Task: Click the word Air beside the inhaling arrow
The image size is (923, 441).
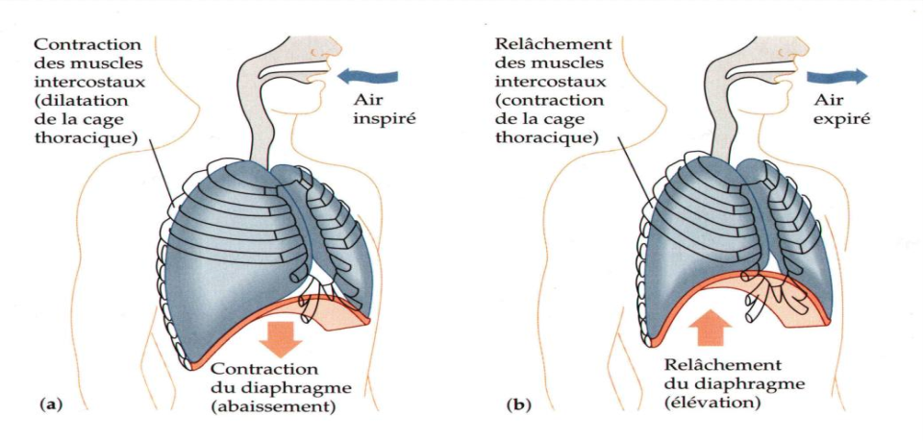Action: click(368, 101)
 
